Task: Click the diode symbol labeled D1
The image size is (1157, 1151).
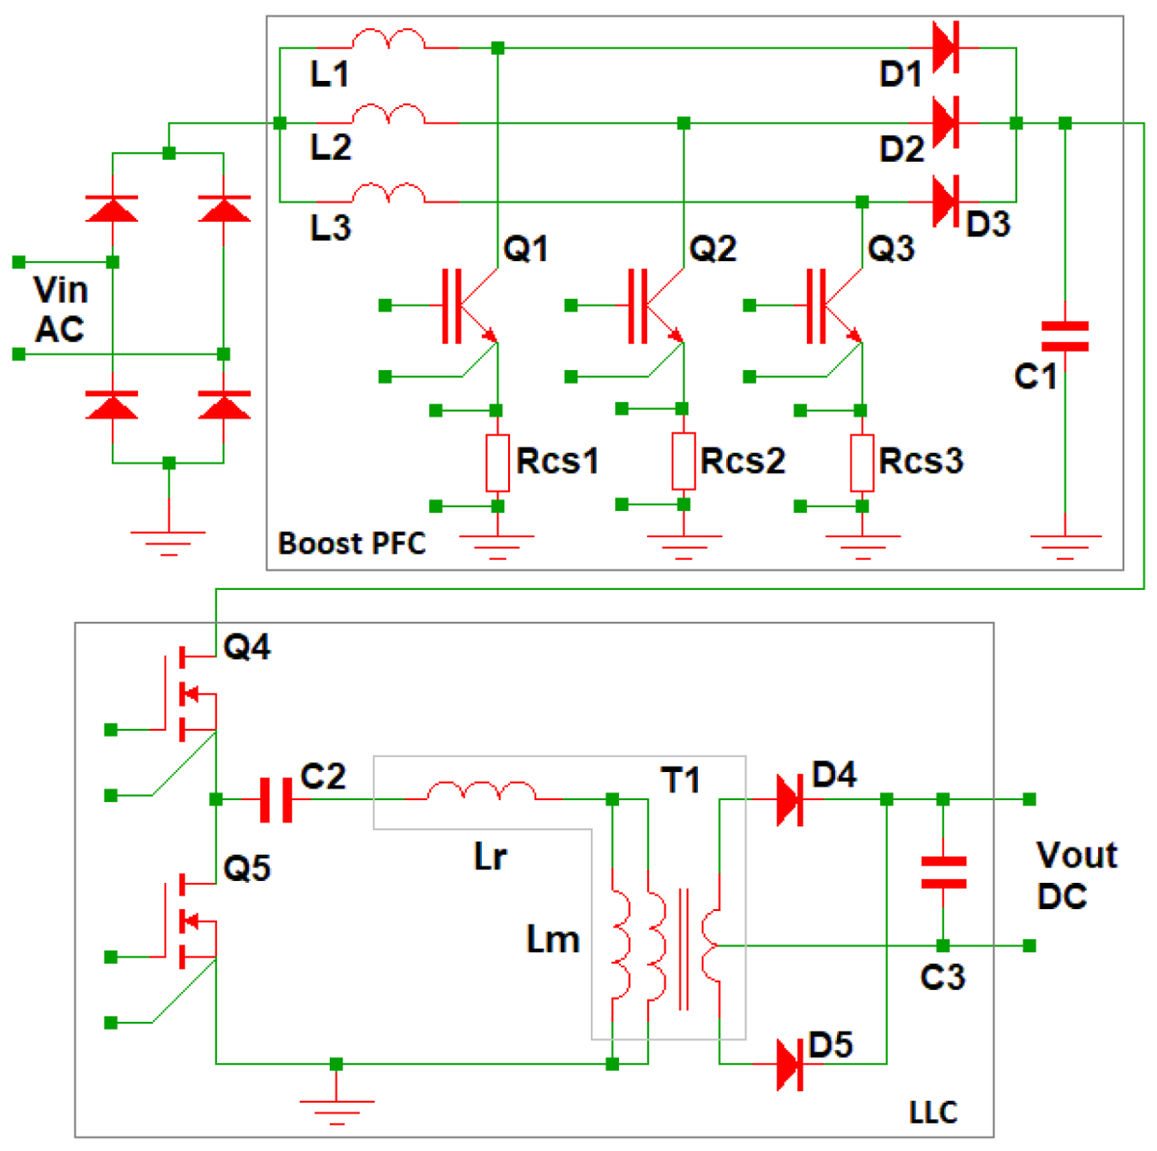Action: tap(945, 47)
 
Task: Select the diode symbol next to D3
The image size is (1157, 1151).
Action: tap(945, 201)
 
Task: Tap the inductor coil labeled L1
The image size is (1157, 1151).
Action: tap(388, 40)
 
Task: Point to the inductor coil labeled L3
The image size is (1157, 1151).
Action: tap(388, 195)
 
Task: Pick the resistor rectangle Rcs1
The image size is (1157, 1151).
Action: tap(497, 463)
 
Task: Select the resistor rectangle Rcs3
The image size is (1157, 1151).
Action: tap(861, 463)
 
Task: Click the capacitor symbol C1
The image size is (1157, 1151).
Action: tap(1064, 336)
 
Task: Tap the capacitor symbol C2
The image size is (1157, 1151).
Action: tap(276, 800)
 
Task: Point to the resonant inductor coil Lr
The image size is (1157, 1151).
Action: tap(481, 792)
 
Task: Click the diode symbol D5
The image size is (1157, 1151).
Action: tap(790, 1064)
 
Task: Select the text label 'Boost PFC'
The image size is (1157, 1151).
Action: tap(352, 544)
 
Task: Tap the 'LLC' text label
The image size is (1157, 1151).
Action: tap(933, 1112)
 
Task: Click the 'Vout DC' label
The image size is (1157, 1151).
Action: tap(1075, 875)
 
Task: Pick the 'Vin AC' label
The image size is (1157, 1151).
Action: tap(60, 309)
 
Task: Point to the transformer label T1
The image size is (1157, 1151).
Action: tap(680, 780)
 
